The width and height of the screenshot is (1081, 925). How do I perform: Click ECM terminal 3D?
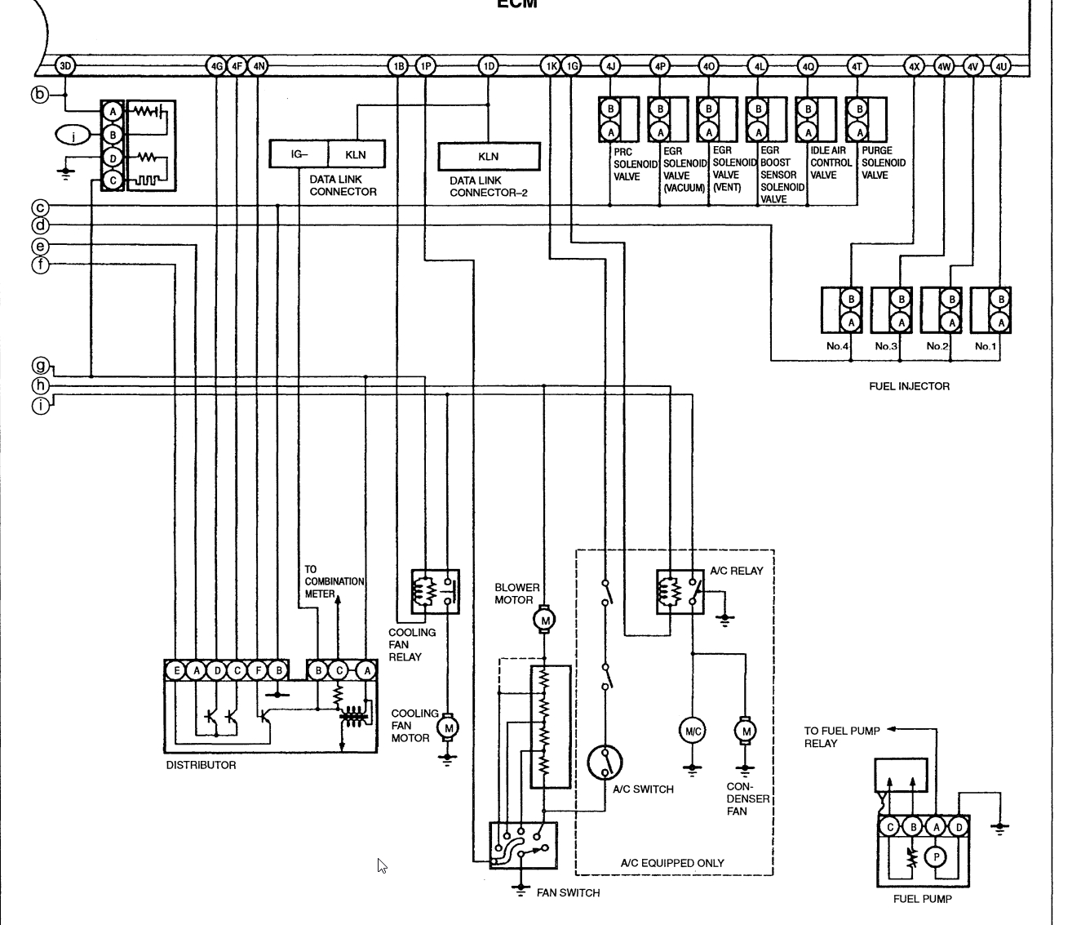pyautogui.click(x=66, y=66)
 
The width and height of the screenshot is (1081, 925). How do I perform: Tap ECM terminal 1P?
pyautogui.click(x=426, y=66)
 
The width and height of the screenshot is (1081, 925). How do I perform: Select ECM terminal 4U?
pyautogui.click(x=1001, y=66)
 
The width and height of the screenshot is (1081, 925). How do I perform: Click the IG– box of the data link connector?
pyautogui.click(x=299, y=154)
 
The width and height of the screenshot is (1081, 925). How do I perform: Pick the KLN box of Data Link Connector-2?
pyautogui.click(x=489, y=157)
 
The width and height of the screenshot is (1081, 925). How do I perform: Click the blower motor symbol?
pyautogui.click(x=544, y=620)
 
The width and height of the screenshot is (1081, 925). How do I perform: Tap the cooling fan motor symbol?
pyautogui.click(x=447, y=727)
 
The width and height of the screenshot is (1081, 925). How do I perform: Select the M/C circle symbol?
pyautogui.click(x=692, y=732)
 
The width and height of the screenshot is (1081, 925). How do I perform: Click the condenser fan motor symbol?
pyautogui.click(x=745, y=732)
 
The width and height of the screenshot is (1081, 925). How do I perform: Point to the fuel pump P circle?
pyautogui.click(x=936, y=857)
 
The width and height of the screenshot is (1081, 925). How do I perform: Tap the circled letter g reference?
pyautogui.click(x=40, y=366)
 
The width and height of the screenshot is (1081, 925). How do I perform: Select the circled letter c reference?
pyautogui.click(x=40, y=208)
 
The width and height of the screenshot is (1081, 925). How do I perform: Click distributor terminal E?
pyautogui.click(x=176, y=671)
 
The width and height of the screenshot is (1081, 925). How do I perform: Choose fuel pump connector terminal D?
pyautogui.click(x=959, y=827)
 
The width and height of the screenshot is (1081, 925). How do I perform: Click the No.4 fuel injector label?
pyautogui.click(x=837, y=346)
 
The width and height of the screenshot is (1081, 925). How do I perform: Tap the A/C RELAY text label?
pyautogui.click(x=736, y=571)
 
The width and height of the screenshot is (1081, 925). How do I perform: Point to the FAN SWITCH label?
pyautogui.click(x=568, y=892)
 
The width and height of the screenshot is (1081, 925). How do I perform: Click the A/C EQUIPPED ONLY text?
pyautogui.click(x=671, y=863)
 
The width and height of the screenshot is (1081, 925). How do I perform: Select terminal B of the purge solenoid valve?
pyautogui.click(x=857, y=108)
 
